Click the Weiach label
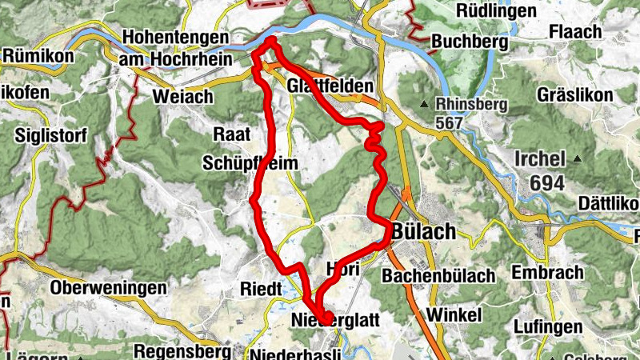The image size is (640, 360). click(182, 97)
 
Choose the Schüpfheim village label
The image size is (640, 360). click(250, 163)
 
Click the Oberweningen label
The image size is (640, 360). click(108, 288)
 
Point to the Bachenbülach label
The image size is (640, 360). click(438, 277)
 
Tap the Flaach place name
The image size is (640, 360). click(575, 33)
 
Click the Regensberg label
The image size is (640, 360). click(183, 350)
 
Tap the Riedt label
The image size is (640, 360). click(260, 289)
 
